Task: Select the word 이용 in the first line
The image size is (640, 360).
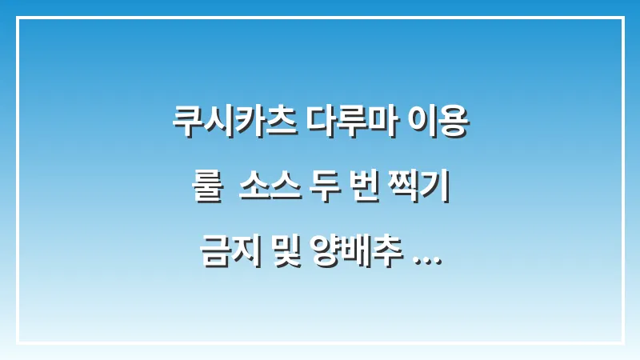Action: pyautogui.click(x=437, y=126)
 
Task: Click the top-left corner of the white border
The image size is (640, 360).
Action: pyautogui.click(x=17, y=17)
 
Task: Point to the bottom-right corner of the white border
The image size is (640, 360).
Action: pyautogui.click(x=622, y=342)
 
